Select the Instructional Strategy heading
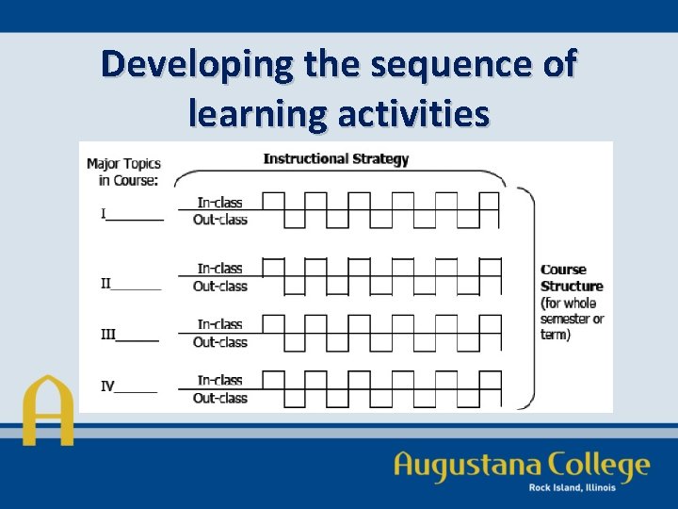pos(336,158)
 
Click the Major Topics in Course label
pos(122,171)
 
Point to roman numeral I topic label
pos(105,214)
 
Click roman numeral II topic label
pos(106,282)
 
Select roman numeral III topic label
pos(108,334)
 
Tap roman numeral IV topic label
pos(109,386)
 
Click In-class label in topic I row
pos(219,202)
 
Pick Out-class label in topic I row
pos(219,220)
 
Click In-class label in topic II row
pos(219,269)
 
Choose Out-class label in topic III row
pos(219,342)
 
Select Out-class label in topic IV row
pos(219,398)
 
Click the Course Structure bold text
pos(571,278)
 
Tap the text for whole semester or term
pos(571,319)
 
